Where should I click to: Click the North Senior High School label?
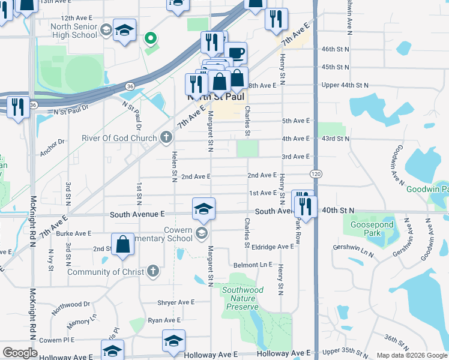pyautogui.click(x=74, y=31)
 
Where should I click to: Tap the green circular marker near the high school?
pyautogui.click(x=151, y=40)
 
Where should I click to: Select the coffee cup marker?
pyautogui.click(x=237, y=53)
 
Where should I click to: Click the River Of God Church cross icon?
pyautogui.click(x=166, y=138)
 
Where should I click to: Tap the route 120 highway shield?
pyautogui.click(x=315, y=173)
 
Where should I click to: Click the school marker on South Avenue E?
pyautogui.click(x=203, y=209)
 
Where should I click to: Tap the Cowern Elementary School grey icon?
pyautogui.click(x=202, y=234)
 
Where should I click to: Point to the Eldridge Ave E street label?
pyautogui.click(x=273, y=247)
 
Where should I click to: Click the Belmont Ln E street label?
pyautogui.click(x=253, y=265)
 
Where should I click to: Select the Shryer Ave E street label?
pyautogui.click(x=176, y=302)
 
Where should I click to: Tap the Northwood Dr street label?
pyautogui.click(x=70, y=305)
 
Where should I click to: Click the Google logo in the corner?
pyautogui.click(x=20, y=353)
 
